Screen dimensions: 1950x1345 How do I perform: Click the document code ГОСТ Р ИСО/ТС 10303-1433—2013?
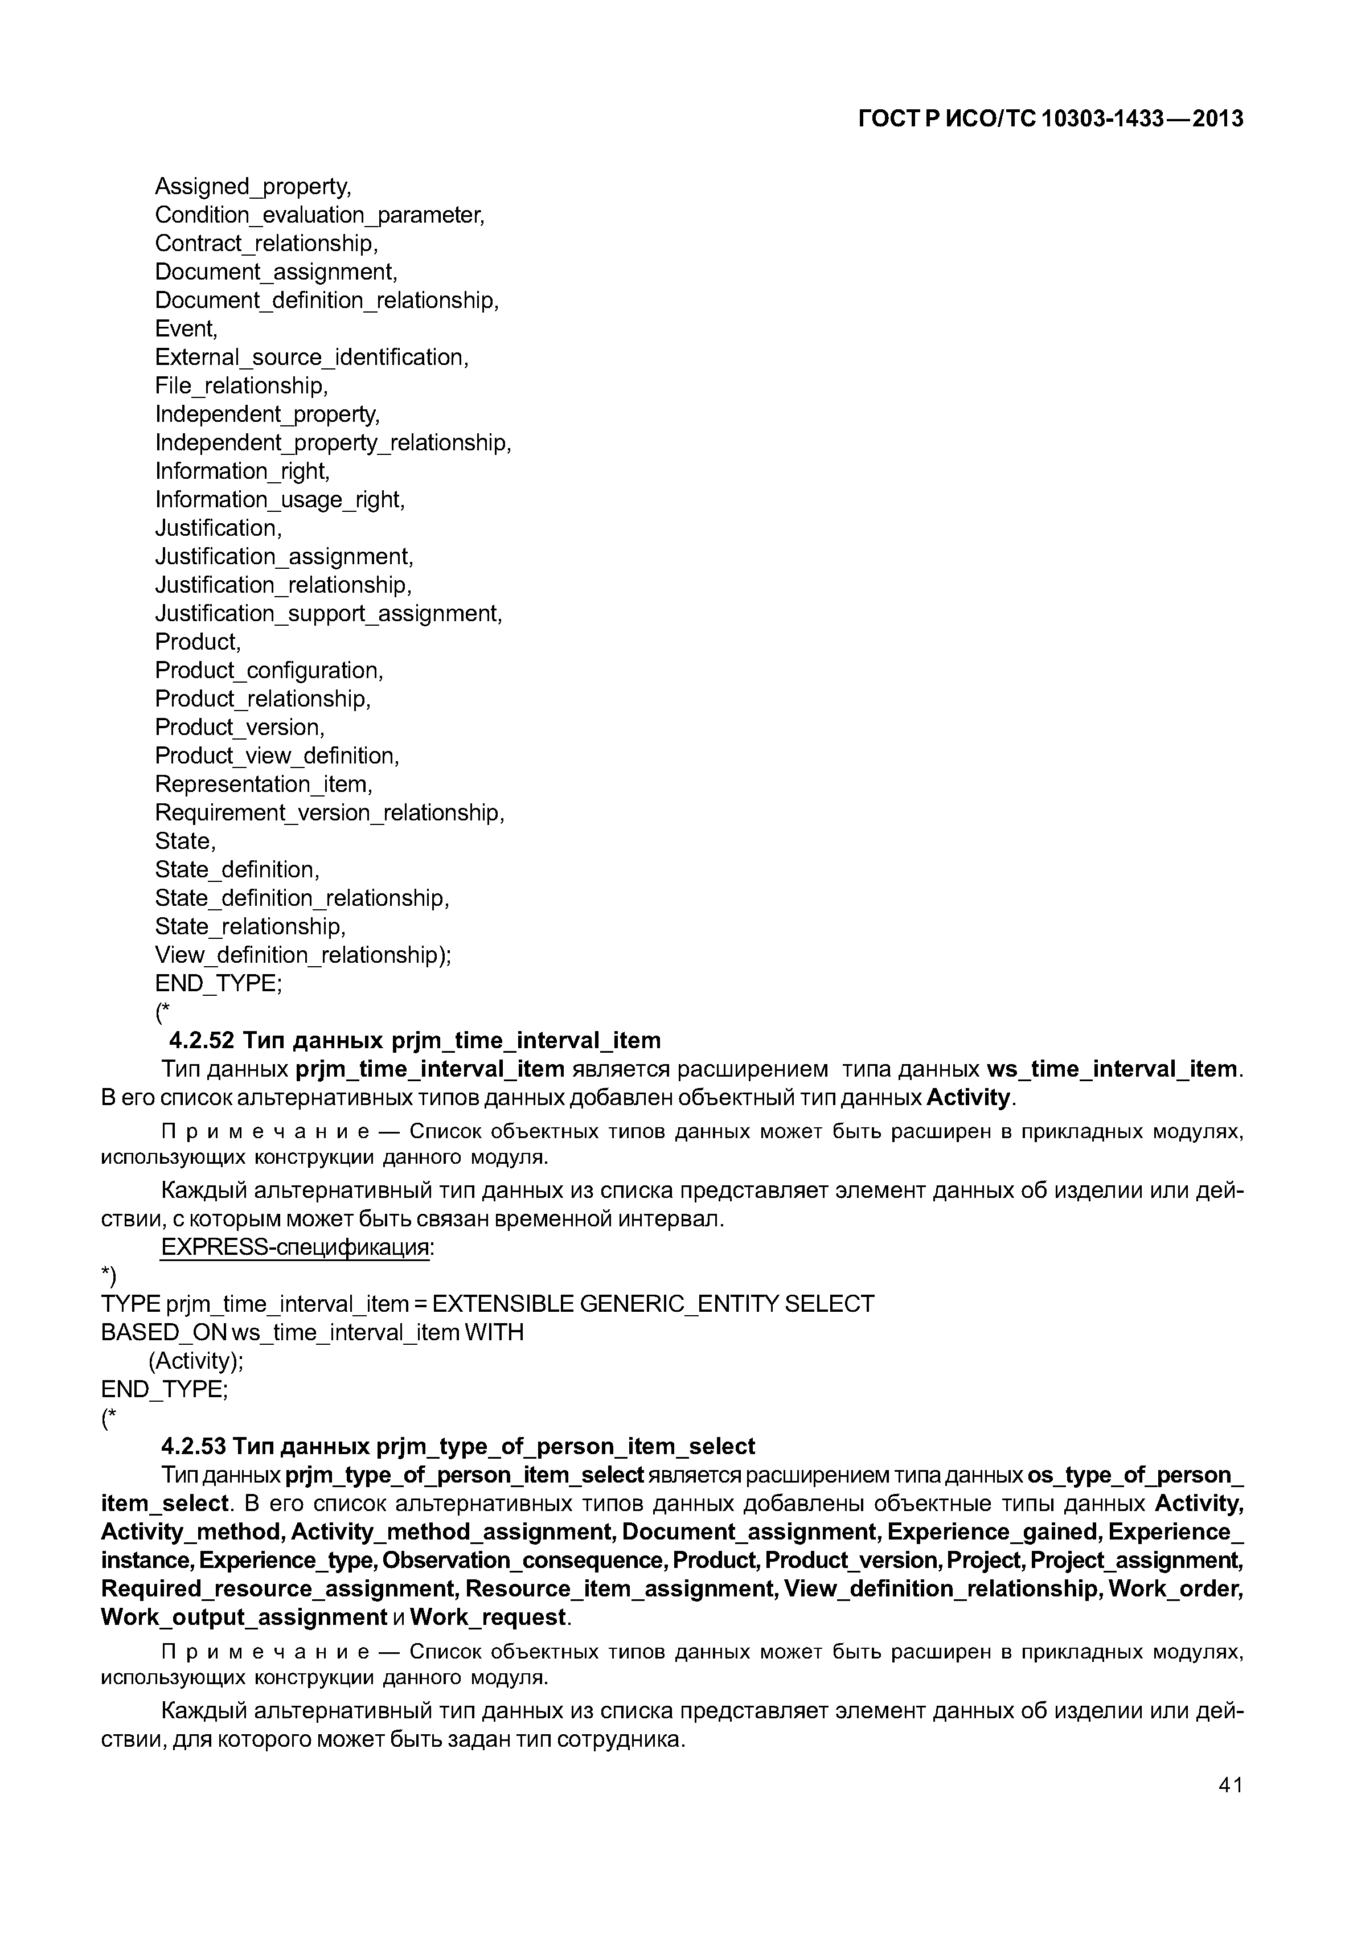pyautogui.click(x=1050, y=120)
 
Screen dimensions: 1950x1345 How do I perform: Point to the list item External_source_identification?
pyautogui.click(x=311, y=358)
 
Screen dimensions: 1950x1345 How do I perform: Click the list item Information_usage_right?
pyautogui.click(x=280, y=500)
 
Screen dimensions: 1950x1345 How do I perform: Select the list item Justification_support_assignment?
pyautogui.click(x=328, y=614)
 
